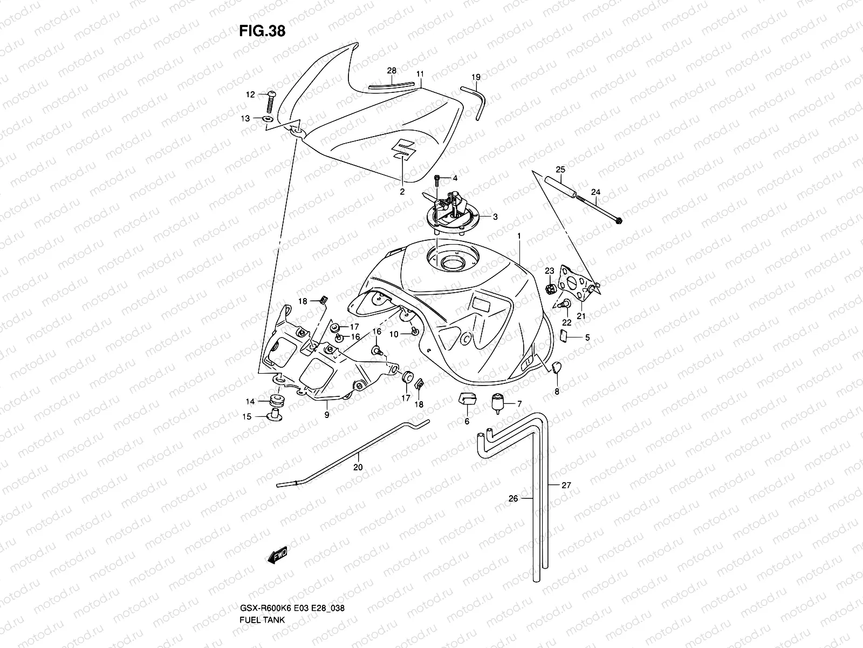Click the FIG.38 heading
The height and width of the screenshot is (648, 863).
(262, 31)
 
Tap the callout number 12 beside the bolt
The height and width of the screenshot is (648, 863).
(265, 94)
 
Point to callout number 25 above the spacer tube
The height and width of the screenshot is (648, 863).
(560, 170)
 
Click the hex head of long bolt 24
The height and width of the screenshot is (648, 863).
(618, 221)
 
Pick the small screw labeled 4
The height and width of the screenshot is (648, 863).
(438, 178)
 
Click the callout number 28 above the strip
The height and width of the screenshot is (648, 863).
(392, 71)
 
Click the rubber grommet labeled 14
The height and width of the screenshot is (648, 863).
(278, 401)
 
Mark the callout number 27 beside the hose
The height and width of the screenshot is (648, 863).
(566, 485)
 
